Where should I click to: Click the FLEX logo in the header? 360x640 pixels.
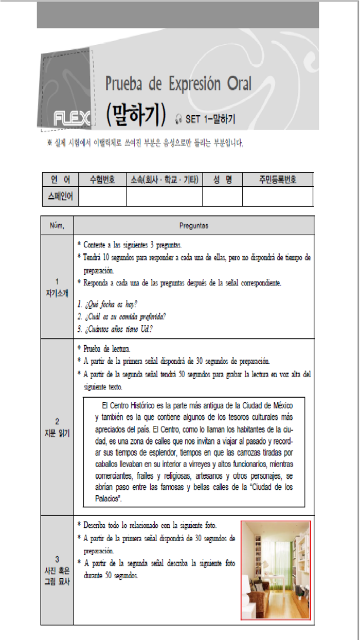click(x=73, y=119)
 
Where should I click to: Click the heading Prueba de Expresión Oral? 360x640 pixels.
click(x=178, y=83)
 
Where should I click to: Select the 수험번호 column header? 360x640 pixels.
click(x=102, y=180)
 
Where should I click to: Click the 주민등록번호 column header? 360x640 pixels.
click(x=278, y=180)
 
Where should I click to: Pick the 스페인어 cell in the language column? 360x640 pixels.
click(x=60, y=196)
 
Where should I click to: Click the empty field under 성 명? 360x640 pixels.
click(x=222, y=196)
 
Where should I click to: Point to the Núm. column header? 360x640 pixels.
click(x=57, y=225)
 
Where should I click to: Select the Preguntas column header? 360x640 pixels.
click(x=194, y=225)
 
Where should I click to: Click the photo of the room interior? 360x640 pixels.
click(x=276, y=570)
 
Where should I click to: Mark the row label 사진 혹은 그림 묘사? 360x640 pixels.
click(x=57, y=571)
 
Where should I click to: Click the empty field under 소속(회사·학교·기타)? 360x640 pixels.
click(x=164, y=196)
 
